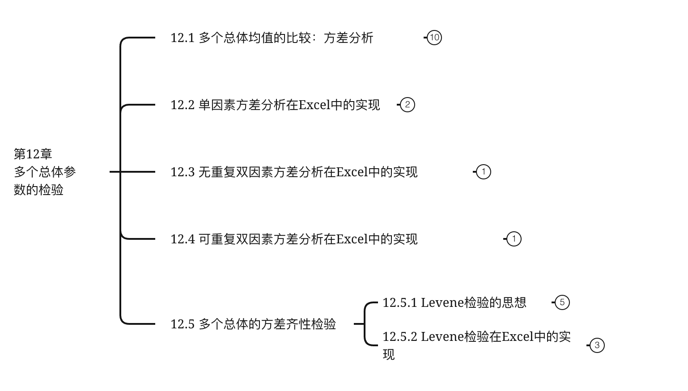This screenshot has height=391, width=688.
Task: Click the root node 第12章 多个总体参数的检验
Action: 45,172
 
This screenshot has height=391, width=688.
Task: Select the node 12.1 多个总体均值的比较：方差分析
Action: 272,38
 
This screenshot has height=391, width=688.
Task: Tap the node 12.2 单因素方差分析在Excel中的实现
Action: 275,105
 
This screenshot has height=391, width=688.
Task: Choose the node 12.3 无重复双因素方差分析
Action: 294,172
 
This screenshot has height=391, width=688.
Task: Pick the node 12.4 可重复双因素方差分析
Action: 294,239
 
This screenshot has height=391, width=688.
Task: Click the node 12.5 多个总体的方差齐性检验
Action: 253,324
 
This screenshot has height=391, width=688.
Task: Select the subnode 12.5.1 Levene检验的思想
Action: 454,302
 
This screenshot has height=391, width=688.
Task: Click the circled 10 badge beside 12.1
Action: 434,38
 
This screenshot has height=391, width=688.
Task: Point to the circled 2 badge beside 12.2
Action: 407,105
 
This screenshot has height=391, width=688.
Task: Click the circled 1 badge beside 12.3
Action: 483,172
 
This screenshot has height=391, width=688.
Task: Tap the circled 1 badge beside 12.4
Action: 514,239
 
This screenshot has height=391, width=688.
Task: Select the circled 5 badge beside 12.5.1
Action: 562,302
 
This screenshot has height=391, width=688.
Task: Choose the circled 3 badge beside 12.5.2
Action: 597,345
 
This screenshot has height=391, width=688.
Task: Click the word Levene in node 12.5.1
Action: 442,302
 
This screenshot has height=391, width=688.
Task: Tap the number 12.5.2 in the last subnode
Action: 400,336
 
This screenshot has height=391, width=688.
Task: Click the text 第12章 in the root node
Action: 33,154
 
